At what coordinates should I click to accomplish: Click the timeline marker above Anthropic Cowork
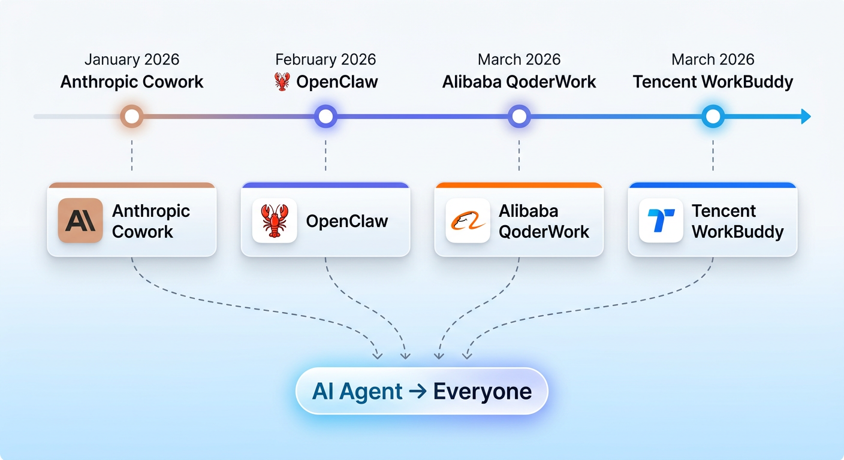coord(132,116)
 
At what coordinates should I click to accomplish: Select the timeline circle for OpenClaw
coord(325,116)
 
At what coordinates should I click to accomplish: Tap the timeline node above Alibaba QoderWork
coord(519,116)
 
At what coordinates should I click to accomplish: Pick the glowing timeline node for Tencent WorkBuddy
coord(713,116)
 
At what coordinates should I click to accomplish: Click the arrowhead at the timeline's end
coord(806,116)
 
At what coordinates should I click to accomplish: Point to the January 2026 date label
coord(132,59)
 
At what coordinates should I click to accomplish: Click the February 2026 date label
coord(325,59)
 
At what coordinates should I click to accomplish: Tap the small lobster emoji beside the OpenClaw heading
coord(282,81)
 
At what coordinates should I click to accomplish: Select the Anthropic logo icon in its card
coord(80,220)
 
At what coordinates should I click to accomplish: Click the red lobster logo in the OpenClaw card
coord(275,220)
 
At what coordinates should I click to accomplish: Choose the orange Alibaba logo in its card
coord(468,220)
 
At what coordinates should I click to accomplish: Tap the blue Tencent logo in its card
coord(661,220)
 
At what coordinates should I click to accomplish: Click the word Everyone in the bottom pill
coord(482,392)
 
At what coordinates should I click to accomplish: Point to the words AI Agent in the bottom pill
coord(357,392)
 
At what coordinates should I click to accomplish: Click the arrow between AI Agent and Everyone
coord(417,392)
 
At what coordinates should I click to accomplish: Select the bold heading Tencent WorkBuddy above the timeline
coord(713,81)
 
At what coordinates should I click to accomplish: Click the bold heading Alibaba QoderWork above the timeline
coord(519,81)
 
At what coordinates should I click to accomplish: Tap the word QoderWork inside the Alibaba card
coord(544,232)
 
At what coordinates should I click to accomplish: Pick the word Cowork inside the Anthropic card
coord(143,232)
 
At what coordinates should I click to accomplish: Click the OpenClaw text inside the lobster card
coord(347,221)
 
